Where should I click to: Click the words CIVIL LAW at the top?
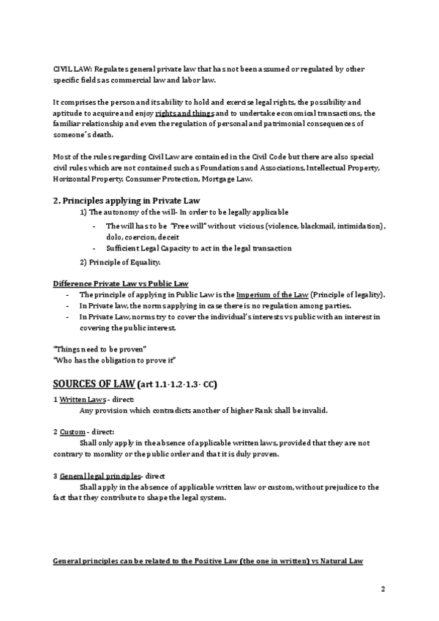(71, 70)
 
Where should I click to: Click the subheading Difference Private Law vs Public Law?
(121, 283)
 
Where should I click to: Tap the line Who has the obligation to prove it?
(116, 360)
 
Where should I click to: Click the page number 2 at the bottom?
(383, 589)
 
